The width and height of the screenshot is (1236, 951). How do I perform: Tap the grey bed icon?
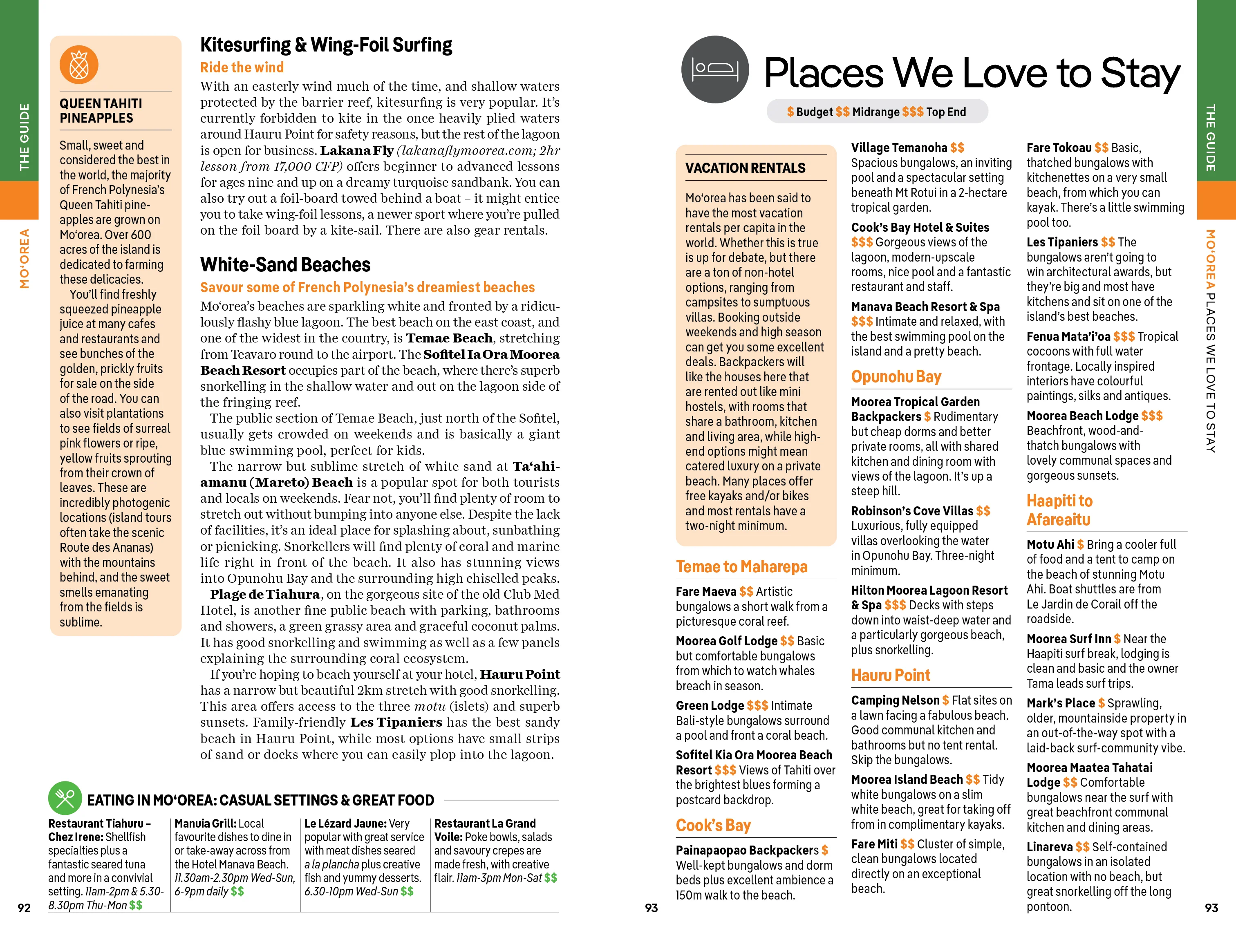(715, 69)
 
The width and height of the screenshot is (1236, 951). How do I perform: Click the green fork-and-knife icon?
(65, 798)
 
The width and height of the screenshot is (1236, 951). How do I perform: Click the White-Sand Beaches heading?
(285, 265)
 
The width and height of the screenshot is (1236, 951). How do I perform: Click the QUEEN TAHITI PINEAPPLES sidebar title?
(101, 111)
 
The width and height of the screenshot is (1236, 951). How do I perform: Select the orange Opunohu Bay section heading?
(896, 377)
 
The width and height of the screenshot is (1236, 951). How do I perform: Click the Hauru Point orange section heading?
(890, 675)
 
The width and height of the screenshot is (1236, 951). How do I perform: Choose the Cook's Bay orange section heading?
(713, 826)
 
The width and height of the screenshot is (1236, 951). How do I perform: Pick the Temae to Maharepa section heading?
(741, 566)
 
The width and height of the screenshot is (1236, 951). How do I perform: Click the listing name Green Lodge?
(710, 705)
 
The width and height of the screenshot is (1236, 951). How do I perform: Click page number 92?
(24, 908)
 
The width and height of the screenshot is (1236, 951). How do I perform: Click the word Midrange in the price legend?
(875, 112)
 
